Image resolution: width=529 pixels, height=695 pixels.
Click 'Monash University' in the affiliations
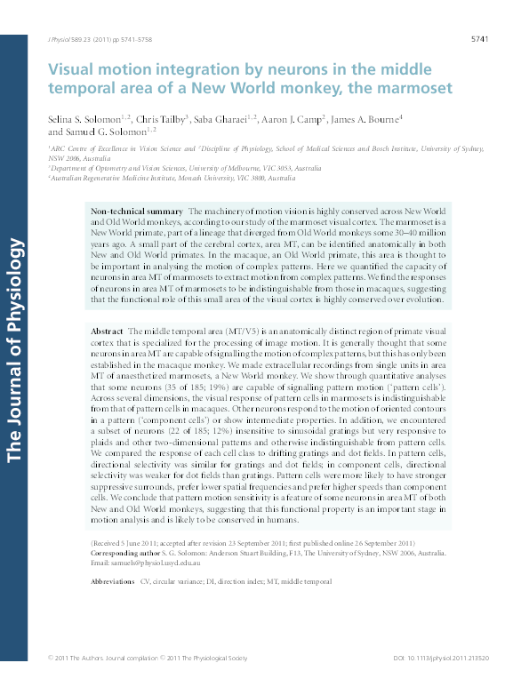[224, 178]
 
